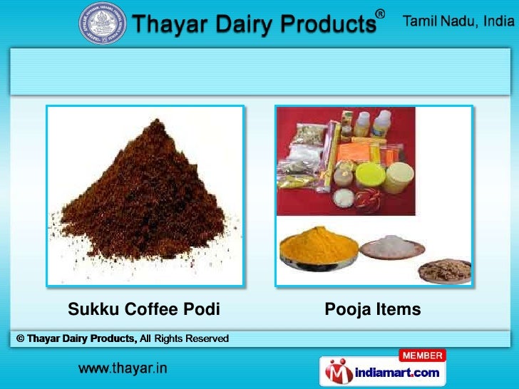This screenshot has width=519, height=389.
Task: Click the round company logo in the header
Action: (x=103, y=24)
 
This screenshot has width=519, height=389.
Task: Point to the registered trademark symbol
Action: (x=381, y=14)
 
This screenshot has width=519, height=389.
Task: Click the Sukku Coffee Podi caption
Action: (x=143, y=310)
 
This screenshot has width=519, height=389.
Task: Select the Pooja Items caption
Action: (x=373, y=310)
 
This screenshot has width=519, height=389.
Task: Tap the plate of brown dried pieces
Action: (x=444, y=270)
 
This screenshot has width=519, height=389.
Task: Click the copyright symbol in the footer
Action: (x=20, y=338)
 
